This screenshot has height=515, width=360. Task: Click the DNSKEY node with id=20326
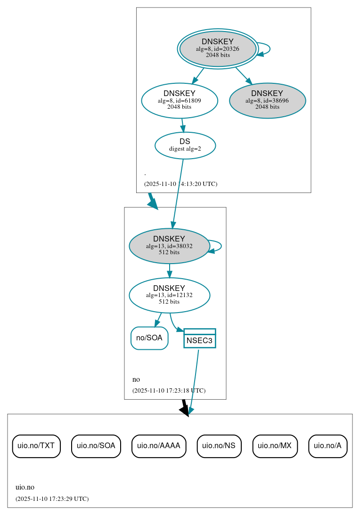tap(218, 48)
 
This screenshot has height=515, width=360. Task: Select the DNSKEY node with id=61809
tap(180, 100)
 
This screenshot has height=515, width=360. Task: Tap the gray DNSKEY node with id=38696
tap(267, 100)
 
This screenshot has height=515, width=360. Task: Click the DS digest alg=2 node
tap(185, 145)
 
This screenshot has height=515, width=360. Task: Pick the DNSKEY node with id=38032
tap(169, 246)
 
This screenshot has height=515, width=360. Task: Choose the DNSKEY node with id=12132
tap(169, 295)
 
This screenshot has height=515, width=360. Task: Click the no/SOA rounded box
tap(149, 338)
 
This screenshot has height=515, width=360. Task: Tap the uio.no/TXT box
tap(36, 446)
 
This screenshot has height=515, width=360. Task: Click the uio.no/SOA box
tap(96, 446)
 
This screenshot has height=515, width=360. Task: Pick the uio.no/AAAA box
tap(159, 446)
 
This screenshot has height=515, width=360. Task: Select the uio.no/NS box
tap(219, 446)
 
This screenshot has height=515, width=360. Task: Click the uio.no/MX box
tap(275, 446)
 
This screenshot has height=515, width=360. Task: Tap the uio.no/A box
tap(328, 446)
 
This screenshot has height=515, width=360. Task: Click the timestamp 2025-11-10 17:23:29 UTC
tap(52, 499)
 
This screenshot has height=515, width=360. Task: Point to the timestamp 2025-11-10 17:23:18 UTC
tap(169, 390)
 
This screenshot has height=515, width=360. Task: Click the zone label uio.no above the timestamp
tap(25, 487)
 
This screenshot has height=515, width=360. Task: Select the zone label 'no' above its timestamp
tap(136, 379)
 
